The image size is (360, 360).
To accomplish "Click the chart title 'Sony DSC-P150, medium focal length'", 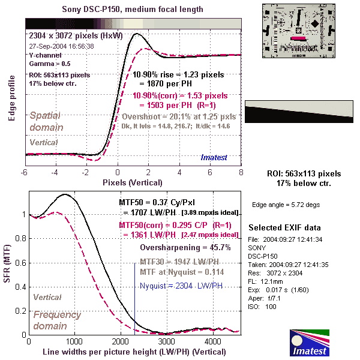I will pyautogui.click(x=133, y=10).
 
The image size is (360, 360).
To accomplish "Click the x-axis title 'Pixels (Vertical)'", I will pyautogui.click(x=133, y=181).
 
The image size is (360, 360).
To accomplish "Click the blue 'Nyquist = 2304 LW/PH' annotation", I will pyautogui.click(x=178, y=286).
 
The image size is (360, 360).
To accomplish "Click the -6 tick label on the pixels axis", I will pyautogui.click(x=25, y=172).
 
